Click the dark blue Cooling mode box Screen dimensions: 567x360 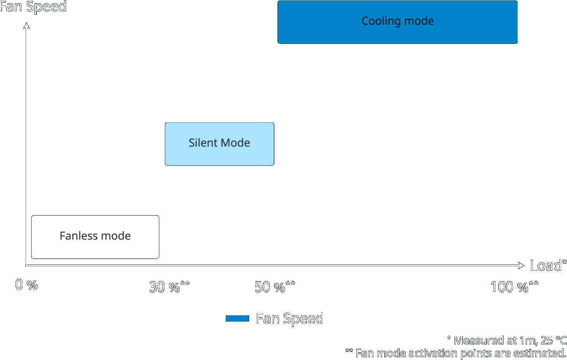398,22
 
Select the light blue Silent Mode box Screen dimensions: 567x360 220,144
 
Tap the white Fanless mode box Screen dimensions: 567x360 95,237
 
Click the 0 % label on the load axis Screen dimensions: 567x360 26,285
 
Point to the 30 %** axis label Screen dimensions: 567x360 169,287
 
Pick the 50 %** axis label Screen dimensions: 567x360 275,287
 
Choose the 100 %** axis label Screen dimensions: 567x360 515,287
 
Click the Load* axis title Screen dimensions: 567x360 548,265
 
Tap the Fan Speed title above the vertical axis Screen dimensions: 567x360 33,7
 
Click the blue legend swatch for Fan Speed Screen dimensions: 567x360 237,318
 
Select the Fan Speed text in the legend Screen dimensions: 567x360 290,319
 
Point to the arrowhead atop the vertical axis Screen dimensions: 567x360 26,26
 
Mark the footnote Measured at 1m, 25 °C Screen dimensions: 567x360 507,340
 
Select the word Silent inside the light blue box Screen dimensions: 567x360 203,143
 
